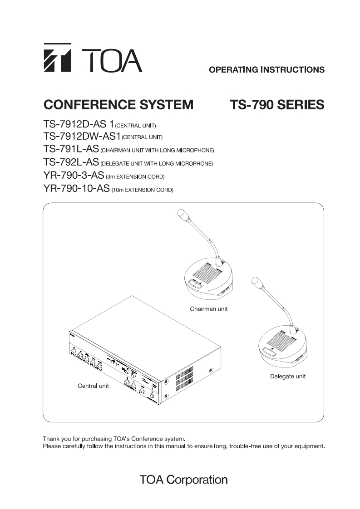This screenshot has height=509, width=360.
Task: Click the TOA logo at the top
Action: pos(93,58)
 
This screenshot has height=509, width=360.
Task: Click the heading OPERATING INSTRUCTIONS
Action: pos(266,70)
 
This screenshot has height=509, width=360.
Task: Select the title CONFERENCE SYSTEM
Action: pos(118,105)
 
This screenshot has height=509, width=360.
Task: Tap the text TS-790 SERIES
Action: pos(277,105)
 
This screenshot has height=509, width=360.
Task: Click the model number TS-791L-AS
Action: pos(71,149)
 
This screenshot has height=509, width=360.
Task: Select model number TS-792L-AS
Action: pos(71,162)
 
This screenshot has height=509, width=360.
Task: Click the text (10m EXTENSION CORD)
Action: pos(142,189)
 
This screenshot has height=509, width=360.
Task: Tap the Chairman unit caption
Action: pos(208,309)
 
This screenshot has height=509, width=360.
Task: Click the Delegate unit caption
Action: pos(288,376)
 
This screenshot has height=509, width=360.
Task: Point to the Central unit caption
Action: pos(93,386)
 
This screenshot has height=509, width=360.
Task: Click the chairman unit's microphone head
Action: pos(182,215)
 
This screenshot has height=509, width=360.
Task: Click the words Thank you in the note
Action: pos(55,439)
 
